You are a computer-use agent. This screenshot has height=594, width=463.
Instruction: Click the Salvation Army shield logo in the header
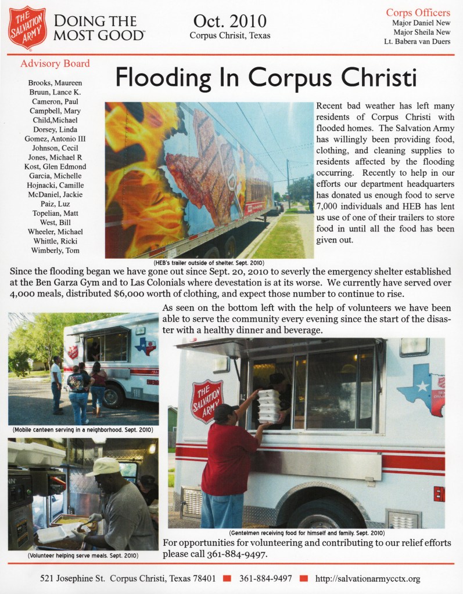[28, 27]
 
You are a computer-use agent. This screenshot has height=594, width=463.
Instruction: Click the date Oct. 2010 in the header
[230, 21]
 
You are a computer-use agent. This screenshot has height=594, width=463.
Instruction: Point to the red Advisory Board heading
[55, 64]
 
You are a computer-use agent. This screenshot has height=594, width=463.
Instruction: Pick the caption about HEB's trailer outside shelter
[209, 262]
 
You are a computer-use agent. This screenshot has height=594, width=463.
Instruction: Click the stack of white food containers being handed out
[269, 405]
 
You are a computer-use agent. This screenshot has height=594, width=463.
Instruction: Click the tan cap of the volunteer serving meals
[103, 466]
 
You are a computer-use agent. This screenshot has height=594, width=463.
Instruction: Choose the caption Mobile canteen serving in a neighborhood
[82, 430]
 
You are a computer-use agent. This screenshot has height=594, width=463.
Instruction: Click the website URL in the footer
[367, 578]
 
